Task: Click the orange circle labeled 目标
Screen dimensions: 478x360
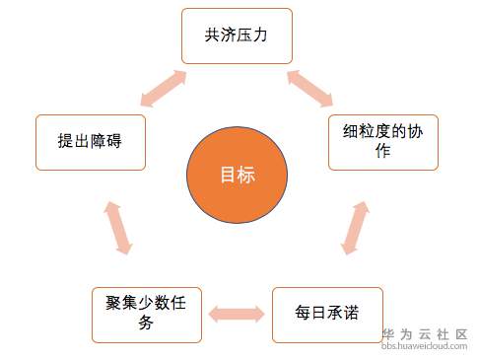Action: (x=237, y=175)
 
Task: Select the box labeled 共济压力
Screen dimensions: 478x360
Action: (x=237, y=36)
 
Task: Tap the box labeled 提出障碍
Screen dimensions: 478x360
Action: (x=91, y=142)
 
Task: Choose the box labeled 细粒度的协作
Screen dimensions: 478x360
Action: (x=383, y=142)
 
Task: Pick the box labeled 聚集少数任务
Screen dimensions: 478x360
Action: (x=147, y=315)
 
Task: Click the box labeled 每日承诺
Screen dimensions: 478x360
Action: (x=327, y=315)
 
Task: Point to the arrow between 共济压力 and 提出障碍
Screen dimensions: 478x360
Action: (x=164, y=89)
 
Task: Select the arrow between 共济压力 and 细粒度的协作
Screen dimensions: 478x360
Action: (x=310, y=89)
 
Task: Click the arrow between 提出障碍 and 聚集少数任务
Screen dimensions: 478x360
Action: (x=118, y=228)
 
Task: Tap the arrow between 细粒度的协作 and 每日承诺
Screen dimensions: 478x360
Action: (x=355, y=228)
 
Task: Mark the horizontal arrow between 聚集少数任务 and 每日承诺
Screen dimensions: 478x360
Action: (x=237, y=314)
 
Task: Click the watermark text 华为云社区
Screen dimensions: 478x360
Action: (x=425, y=334)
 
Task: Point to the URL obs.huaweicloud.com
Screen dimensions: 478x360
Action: (x=424, y=346)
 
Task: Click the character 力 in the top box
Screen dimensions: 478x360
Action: (x=260, y=35)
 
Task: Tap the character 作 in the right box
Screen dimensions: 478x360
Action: (x=383, y=151)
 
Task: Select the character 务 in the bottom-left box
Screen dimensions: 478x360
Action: (x=146, y=323)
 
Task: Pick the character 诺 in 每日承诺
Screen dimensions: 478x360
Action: (x=351, y=313)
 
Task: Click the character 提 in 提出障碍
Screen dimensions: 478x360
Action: (x=66, y=141)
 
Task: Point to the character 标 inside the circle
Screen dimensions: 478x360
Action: (x=246, y=175)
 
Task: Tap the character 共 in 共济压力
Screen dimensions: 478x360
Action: (x=213, y=35)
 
